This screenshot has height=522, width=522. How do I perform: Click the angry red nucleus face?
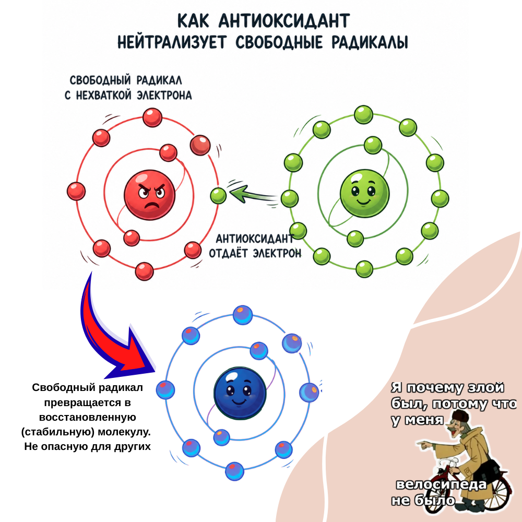[x=149, y=195]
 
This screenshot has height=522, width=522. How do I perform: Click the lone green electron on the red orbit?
[x=218, y=196]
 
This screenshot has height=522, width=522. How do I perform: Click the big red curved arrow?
[x=112, y=334]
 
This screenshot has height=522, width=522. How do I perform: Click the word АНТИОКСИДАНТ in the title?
[x=278, y=21]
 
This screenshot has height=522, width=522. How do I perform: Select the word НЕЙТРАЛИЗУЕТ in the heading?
[x=171, y=42]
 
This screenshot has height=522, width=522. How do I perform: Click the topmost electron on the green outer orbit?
[x=363, y=114]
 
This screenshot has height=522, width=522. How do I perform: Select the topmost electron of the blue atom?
[x=243, y=315]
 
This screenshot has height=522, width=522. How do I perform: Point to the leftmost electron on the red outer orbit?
[x=76, y=191]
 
